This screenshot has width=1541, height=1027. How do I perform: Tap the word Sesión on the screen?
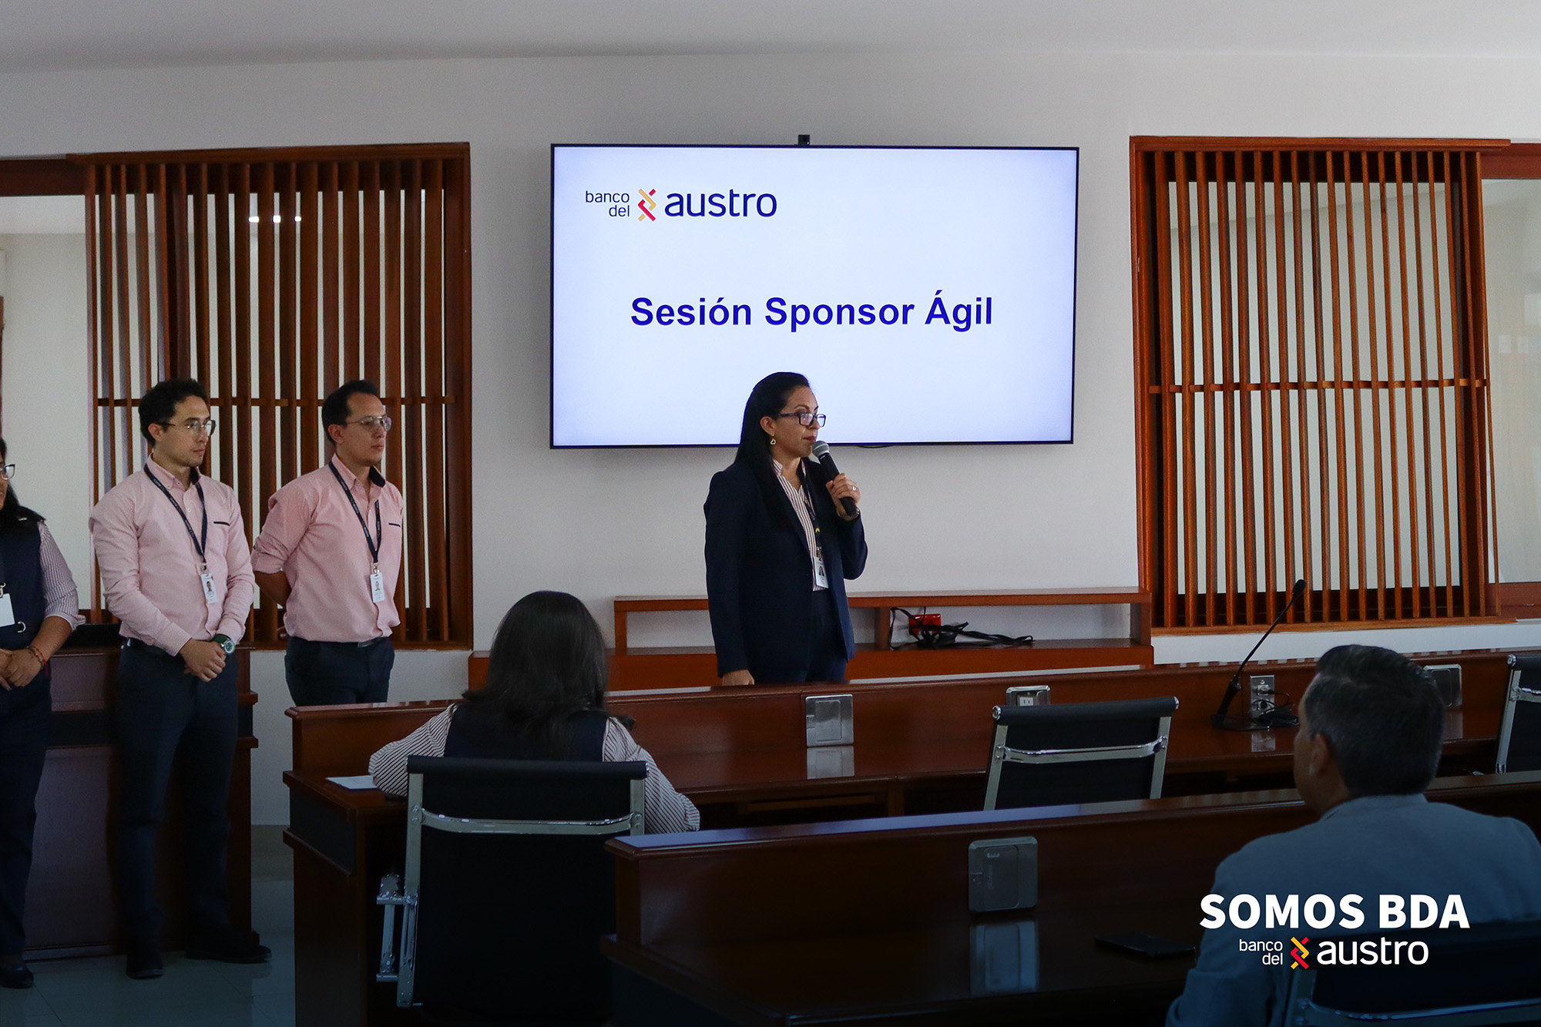coord(691,312)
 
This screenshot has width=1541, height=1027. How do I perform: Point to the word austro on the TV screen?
coord(720,204)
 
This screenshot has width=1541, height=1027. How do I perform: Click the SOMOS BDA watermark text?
coord(1334,913)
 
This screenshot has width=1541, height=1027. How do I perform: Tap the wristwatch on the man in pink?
coord(223,643)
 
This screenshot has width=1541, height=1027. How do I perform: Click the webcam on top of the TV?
coord(804,139)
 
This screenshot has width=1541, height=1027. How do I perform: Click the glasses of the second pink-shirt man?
coord(370,423)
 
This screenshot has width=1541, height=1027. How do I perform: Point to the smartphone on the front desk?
coord(1145,945)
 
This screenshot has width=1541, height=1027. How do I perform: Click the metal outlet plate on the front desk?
coord(1002,874)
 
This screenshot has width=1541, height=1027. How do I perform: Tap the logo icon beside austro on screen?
coord(646,205)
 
